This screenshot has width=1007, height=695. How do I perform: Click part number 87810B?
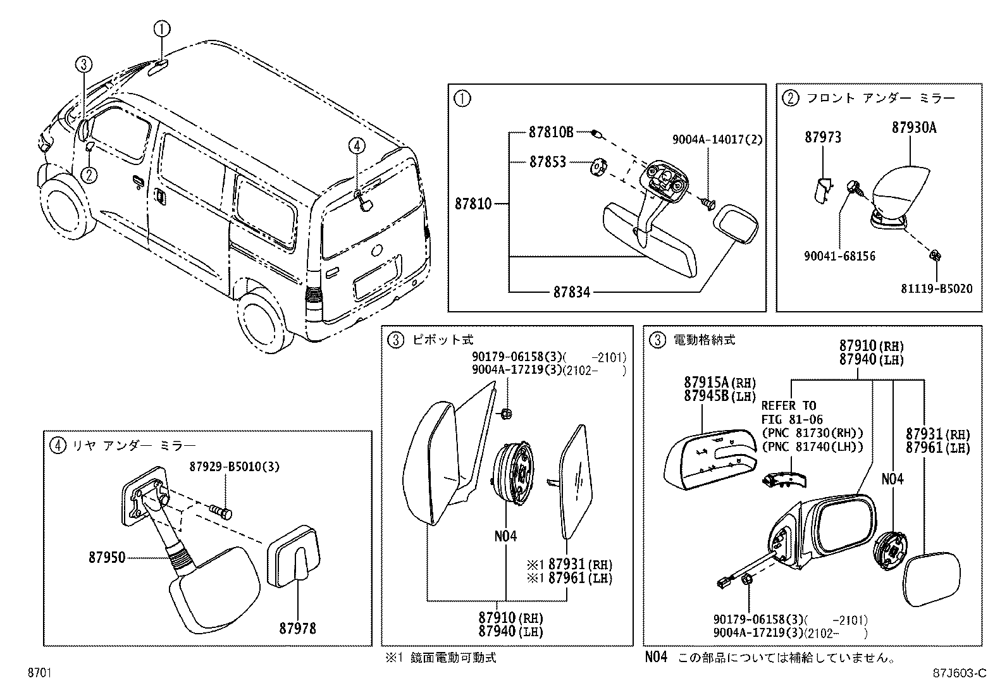[x=550, y=133]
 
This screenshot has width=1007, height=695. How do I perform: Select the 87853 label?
[x=547, y=163]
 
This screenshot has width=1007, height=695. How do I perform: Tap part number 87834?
[x=571, y=292]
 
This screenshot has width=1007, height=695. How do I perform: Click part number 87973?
[x=823, y=137]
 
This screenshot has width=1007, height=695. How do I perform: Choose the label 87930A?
[x=914, y=128]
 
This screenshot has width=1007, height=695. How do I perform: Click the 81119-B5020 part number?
[x=936, y=289]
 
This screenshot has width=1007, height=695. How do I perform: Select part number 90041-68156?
[x=839, y=256]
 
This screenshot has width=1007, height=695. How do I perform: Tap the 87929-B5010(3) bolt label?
[x=234, y=467]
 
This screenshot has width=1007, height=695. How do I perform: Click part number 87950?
[x=107, y=558]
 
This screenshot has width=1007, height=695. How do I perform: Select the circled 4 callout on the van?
[x=357, y=146]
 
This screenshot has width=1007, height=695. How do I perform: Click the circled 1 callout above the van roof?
[x=162, y=28]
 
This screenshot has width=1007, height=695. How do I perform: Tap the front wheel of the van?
[x=63, y=209]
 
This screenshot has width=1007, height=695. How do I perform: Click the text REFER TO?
[x=788, y=405]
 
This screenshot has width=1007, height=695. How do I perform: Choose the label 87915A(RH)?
[x=719, y=383]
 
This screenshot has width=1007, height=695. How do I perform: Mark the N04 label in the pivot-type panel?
[x=505, y=536]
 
